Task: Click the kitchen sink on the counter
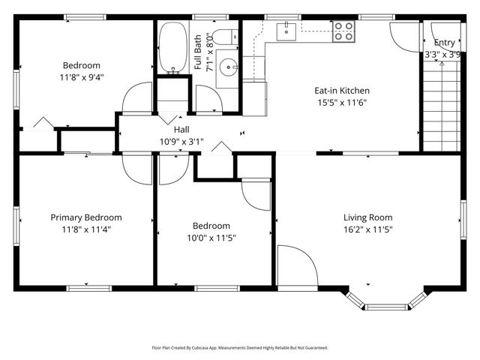click(x=286, y=31)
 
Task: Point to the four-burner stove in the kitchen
click(x=343, y=31)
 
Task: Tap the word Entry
click(x=444, y=43)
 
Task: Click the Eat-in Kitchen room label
click(x=341, y=91)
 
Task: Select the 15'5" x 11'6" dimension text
click(x=341, y=103)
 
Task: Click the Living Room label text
click(x=367, y=217)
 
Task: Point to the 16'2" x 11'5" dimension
click(x=367, y=229)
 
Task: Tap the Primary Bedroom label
click(x=85, y=217)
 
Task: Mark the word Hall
click(x=181, y=129)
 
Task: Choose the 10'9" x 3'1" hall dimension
click(x=181, y=141)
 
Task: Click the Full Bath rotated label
click(x=200, y=52)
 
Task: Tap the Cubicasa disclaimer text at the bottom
click(x=240, y=348)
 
